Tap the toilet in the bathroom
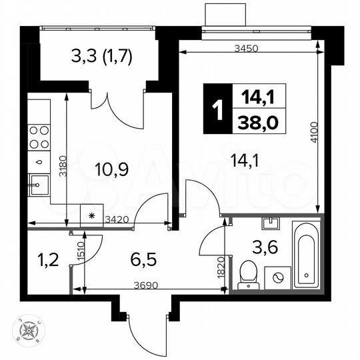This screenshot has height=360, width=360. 248,272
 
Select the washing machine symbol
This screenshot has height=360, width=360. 275,277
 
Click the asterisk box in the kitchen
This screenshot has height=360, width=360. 91,216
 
